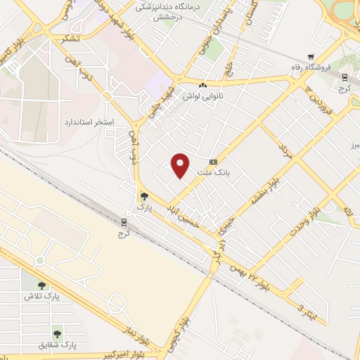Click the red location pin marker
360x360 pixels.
point(181,165)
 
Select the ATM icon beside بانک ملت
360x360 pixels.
point(213,162)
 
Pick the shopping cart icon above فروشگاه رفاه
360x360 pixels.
point(310,57)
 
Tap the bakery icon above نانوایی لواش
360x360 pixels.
point(203,84)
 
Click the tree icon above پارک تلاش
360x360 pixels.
point(41,285)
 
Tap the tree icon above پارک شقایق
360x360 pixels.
point(56,333)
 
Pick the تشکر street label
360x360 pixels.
point(70,39)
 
